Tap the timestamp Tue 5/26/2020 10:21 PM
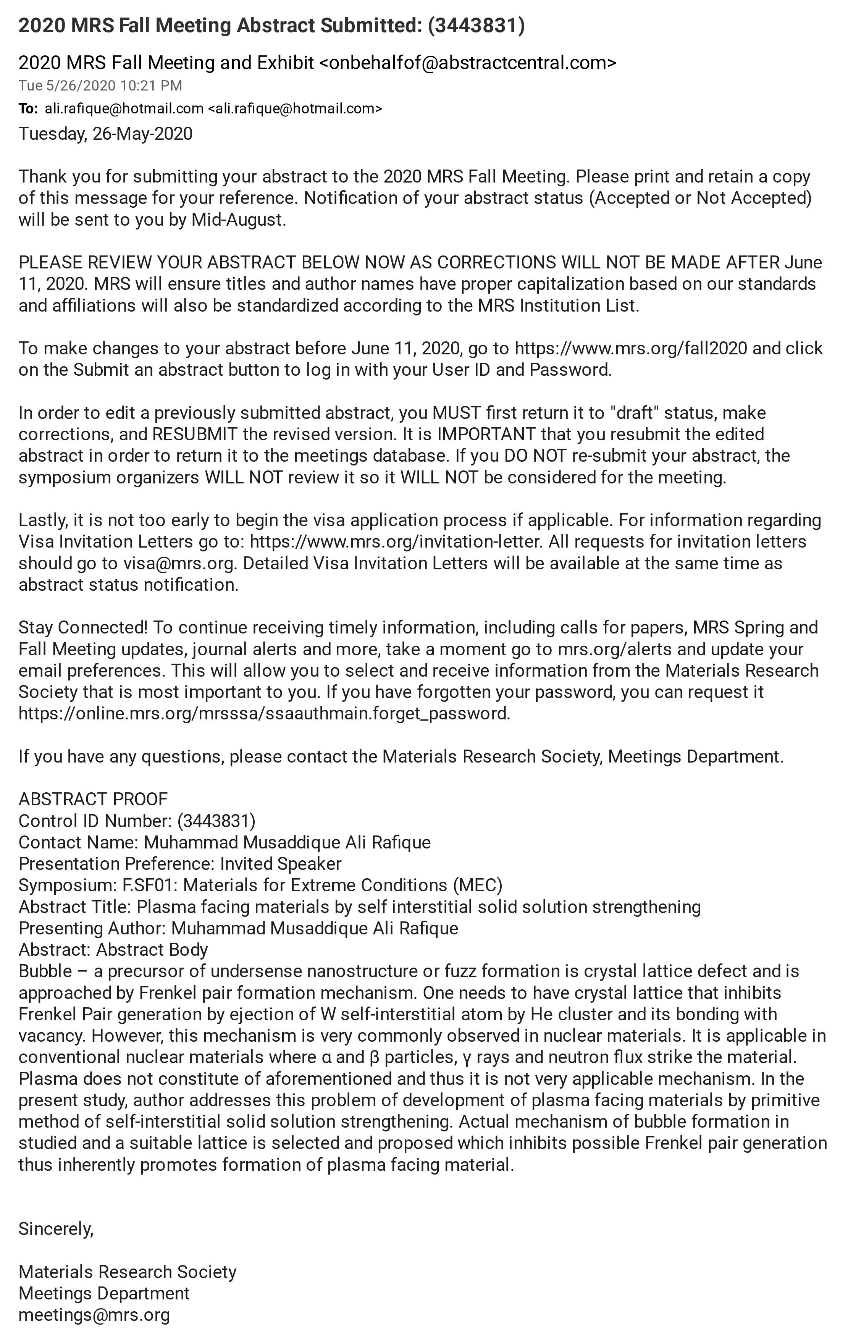pyautogui.click(x=100, y=86)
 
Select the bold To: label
pyautogui.click(x=28, y=109)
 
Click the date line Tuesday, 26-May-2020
pyautogui.click(x=106, y=134)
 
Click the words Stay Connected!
pyautogui.click(x=83, y=628)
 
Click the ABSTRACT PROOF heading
pyautogui.click(x=93, y=800)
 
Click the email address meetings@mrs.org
pyautogui.click(x=94, y=1315)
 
